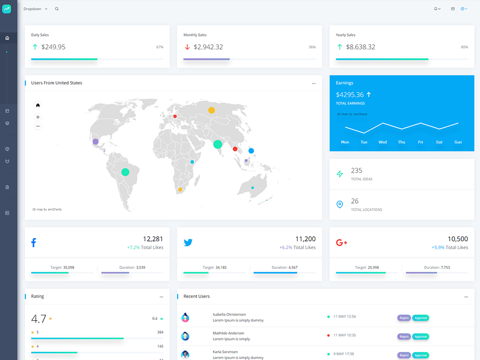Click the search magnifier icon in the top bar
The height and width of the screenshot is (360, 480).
tap(57, 9)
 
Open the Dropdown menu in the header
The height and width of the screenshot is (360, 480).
tap(35, 9)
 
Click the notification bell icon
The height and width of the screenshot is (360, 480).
tap(436, 9)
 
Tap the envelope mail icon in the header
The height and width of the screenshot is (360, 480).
tap(453, 9)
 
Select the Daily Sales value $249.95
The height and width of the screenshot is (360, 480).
tap(53, 47)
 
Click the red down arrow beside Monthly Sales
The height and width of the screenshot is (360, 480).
tap(187, 47)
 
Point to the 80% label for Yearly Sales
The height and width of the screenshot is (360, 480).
tap(464, 47)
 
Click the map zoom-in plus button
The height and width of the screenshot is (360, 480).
tap(37, 117)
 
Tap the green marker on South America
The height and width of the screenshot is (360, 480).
tap(125, 172)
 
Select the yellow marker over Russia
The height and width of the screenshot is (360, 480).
tap(212, 110)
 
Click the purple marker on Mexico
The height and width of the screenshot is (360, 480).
tap(96, 142)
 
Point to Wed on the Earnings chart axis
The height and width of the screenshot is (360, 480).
tap(383, 142)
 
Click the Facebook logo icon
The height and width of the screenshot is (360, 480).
tap(34, 242)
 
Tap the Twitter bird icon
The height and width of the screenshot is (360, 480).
tap(188, 242)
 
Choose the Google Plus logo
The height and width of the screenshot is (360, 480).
tap(342, 243)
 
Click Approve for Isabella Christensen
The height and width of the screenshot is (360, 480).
tap(420, 318)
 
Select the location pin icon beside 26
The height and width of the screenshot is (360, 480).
tap(340, 204)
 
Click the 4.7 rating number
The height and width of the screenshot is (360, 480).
tap(38, 319)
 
